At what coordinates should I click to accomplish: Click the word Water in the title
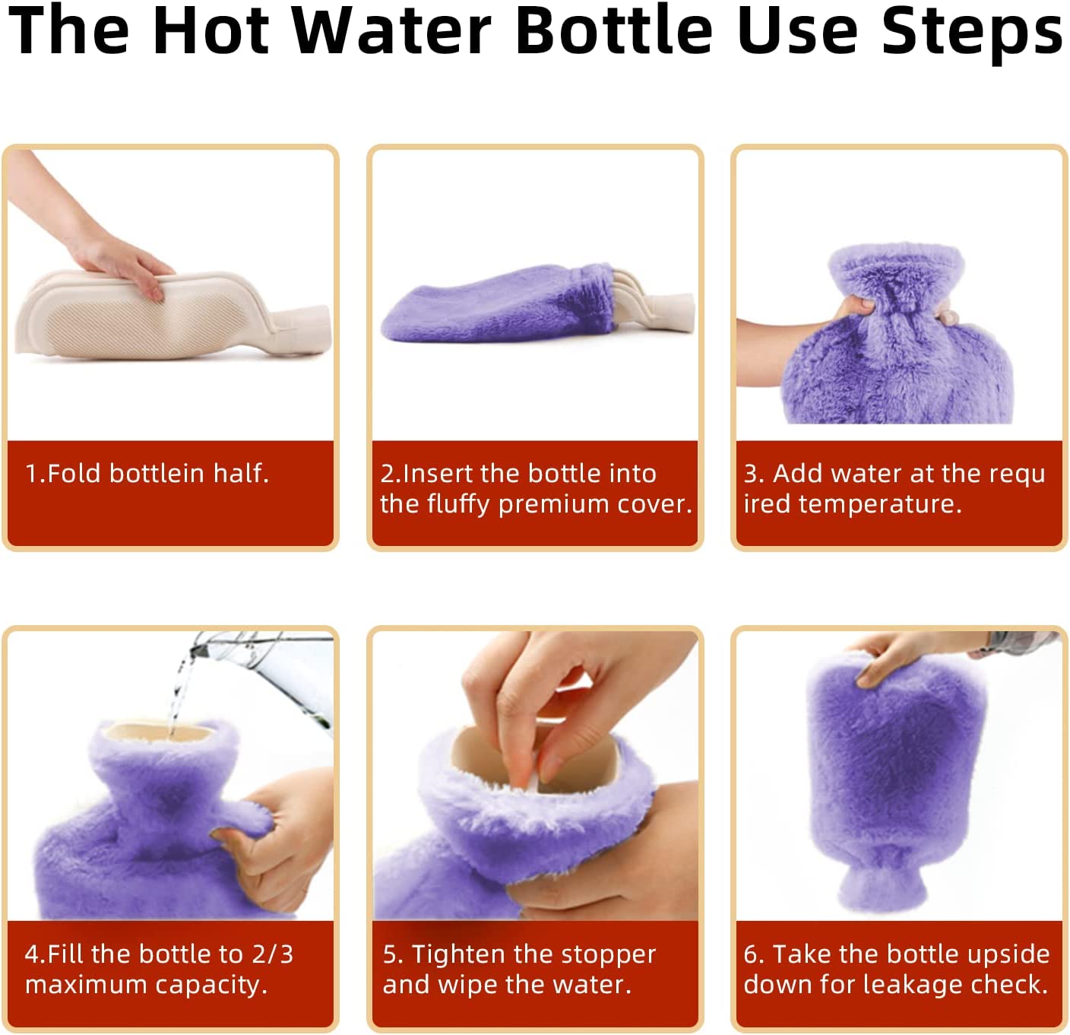(391, 30)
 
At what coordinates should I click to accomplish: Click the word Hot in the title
(211, 30)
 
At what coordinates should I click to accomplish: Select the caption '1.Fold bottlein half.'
(147, 474)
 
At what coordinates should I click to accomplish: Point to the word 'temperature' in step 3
(880, 504)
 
